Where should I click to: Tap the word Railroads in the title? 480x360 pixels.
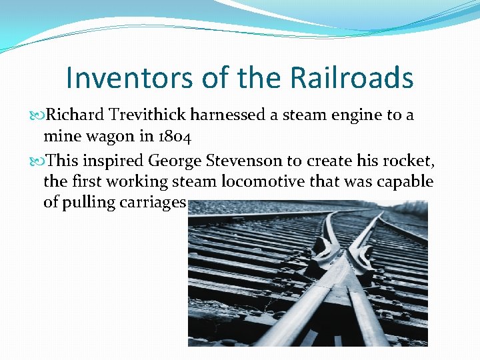coord(352,78)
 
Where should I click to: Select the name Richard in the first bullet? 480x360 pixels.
coord(74,115)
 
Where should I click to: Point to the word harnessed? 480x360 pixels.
coord(228,115)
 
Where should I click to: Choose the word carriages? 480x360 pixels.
coord(153,203)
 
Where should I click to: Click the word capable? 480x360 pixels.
coord(406,181)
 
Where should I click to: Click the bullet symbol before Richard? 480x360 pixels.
coord(38,115)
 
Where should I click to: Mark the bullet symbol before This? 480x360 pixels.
coord(38,160)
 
